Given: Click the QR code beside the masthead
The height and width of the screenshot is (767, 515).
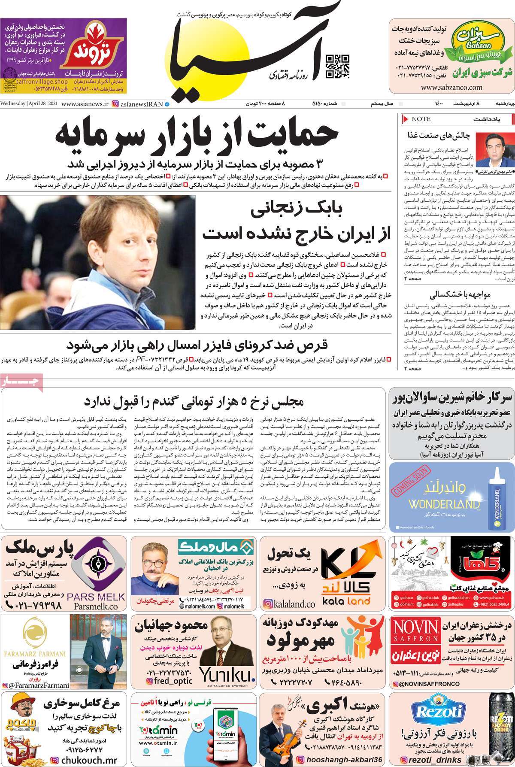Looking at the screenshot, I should tap(338, 66).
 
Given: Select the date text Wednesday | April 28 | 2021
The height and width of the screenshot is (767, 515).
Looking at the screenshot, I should tap(29, 104).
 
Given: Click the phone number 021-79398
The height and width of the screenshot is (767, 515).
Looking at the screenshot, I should tap(34, 606).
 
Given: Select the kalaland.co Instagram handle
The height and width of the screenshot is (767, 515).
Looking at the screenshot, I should tap(290, 604).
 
